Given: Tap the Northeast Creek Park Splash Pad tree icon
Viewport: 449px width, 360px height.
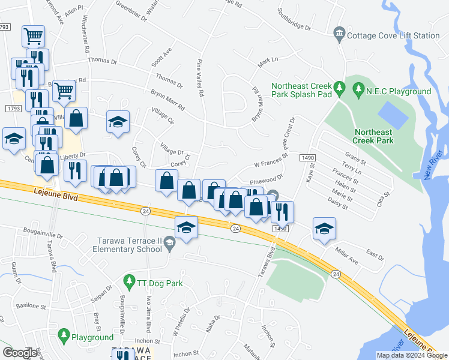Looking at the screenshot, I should [339, 89].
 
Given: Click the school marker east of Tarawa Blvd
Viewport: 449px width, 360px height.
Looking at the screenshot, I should [324, 229].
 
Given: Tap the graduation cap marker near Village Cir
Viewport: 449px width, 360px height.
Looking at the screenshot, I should [118, 122].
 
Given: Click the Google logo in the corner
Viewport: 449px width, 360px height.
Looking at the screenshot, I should [20, 352].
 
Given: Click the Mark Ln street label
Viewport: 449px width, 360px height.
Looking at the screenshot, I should [268, 61].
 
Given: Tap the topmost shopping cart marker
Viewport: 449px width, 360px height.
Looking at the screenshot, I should [34, 36].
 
